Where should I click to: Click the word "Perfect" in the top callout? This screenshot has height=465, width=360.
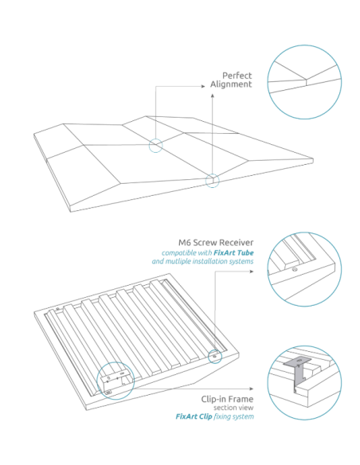click(237, 76)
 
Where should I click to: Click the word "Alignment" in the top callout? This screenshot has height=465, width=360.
click(231, 84)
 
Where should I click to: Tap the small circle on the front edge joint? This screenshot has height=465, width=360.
click(212, 181)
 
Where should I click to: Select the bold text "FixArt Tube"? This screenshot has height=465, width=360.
click(235, 252)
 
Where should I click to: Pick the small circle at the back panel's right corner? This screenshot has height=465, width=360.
click(213, 355)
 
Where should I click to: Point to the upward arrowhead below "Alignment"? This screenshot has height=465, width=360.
click(213, 96)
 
